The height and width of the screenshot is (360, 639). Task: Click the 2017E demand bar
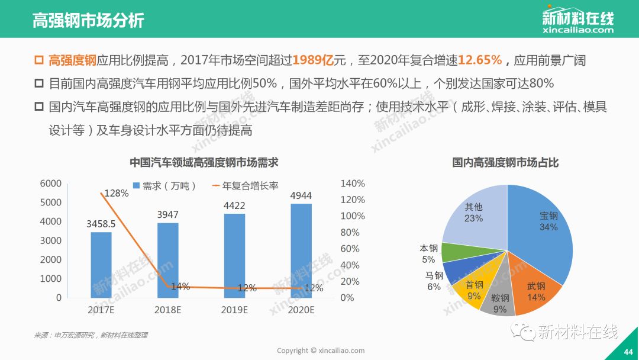pos(101,265)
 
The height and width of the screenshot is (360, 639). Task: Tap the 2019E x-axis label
pos(234,310)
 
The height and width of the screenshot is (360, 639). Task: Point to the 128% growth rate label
pos(116,193)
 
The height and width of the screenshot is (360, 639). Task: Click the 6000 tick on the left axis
pos(50,184)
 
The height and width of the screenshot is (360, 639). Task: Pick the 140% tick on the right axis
pos(353,184)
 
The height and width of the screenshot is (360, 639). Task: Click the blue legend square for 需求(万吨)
pos(136,186)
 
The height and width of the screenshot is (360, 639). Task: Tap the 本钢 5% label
pos(428,253)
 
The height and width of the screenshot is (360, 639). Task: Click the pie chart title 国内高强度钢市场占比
pos(505,162)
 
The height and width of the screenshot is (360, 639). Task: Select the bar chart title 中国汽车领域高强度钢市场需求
pos(204,162)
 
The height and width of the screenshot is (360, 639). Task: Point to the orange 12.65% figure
pos(480,60)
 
